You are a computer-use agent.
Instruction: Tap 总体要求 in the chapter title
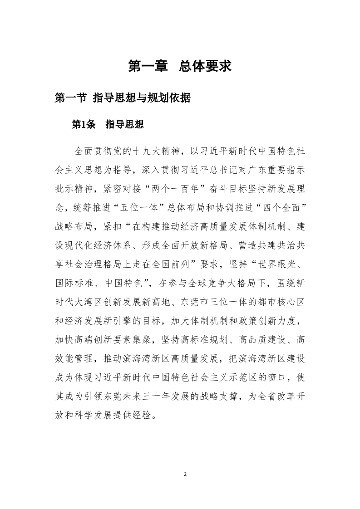(x=205, y=66)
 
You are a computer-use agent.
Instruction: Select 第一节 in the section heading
(x=70, y=98)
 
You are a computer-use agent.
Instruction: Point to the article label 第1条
(x=84, y=125)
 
